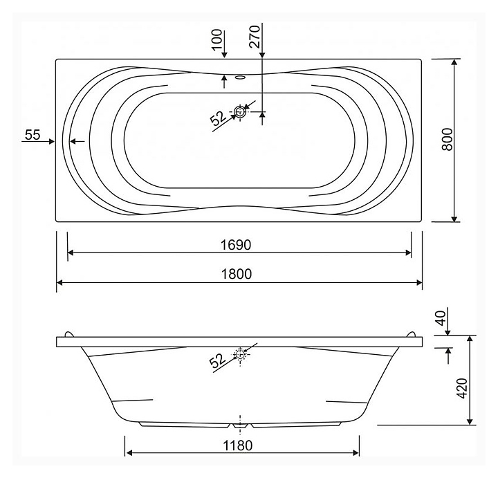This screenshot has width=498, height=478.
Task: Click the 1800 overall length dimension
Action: (x=237, y=274)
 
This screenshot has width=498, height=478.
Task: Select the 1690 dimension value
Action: (x=236, y=245)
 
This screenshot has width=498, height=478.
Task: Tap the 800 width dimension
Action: (x=447, y=139)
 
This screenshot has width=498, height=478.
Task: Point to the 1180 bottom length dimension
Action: (x=237, y=445)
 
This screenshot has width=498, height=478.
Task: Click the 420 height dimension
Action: (x=462, y=388)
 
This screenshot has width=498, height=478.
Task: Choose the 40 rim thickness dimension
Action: (x=441, y=318)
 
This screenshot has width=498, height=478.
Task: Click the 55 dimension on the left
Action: (x=33, y=135)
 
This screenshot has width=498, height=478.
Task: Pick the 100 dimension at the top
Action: (x=217, y=39)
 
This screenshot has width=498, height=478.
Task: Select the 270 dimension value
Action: (x=255, y=37)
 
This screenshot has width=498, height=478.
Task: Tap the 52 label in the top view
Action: (x=218, y=118)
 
